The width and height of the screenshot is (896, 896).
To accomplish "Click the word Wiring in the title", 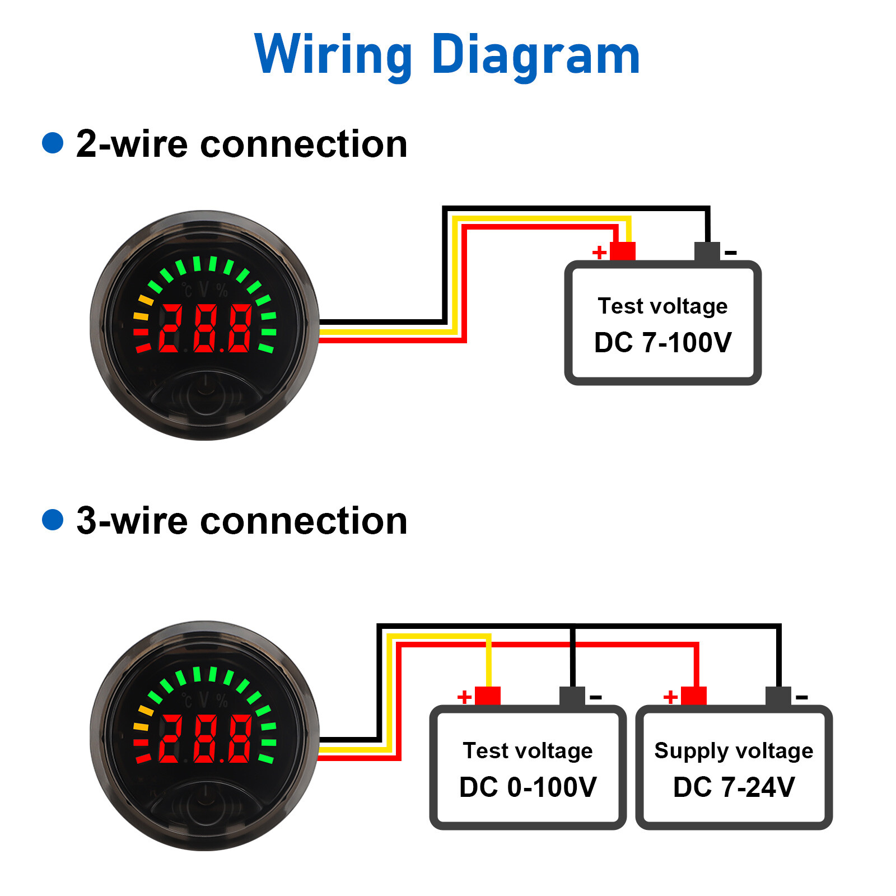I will [x=334, y=54].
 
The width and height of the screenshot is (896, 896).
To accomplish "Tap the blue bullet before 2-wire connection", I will [x=53, y=142].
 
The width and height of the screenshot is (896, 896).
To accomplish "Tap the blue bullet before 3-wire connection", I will [x=53, y=519].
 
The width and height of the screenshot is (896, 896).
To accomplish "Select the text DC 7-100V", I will [x=662, y=342].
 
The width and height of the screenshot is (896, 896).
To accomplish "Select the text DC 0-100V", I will [x=528, y=787].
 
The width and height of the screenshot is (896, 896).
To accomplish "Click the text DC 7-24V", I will [x=734, y=787].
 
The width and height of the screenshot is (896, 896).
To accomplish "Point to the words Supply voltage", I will [x=734, y=750].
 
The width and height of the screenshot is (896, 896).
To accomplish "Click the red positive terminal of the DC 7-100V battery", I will [x=623, y=251].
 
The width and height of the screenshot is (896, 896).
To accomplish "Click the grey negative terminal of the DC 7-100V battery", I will [x=707, y=251].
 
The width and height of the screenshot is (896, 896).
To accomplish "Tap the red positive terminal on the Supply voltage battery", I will [x=693, y=696].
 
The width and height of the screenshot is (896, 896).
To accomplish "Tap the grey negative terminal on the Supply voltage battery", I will [x=778, y=696].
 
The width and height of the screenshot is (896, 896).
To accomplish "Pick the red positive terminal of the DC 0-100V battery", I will [x=487, y=696].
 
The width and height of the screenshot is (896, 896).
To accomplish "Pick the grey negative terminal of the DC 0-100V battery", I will [x=572, y=696].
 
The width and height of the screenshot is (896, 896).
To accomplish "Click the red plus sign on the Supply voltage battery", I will [x=670, y=697].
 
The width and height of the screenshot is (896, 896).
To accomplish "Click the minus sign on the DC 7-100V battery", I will [x=730, y=253].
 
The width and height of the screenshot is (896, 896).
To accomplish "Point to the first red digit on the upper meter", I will [x=170, y=329].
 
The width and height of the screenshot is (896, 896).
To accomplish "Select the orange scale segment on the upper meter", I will [x=145, y=301].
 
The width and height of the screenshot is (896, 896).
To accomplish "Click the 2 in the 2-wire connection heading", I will [x=86, y=144].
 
